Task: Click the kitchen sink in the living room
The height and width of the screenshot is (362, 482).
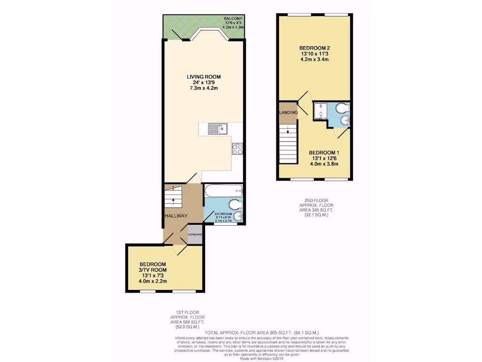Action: click(x=218, y=128)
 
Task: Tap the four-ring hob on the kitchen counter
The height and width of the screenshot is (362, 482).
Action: click(x=237, y=149)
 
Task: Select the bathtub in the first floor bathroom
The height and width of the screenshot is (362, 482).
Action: click(x=224, y=191)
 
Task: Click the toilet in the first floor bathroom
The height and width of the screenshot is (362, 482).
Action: click(x=233, y=205)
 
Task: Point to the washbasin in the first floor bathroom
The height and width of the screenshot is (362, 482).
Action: click(x=239, y=217)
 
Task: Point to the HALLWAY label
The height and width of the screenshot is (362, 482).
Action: click(x=176, y=216)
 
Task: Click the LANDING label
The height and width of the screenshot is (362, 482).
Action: click(x=288, y=113)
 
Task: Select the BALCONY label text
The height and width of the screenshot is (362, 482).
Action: click(x=233, y=18)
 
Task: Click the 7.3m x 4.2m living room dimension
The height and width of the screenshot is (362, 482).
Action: click(x=203, y=88)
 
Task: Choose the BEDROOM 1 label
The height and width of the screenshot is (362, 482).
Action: click(x=324, y=153)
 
